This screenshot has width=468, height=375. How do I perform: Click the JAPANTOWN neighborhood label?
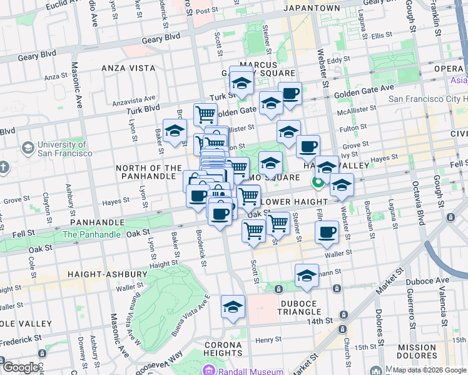click(x=312, y=8)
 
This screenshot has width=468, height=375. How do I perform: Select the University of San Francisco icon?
click(x=28, y=148)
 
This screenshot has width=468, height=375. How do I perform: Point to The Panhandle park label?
click(x=91, y=234)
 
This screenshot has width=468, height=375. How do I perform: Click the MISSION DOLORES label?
click(x=417, y=352)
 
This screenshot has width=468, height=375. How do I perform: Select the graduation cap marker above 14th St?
click(x=233, y=307)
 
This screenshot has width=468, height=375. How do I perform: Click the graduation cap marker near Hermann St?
click(x=307, y=276)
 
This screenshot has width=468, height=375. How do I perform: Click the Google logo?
click(x=21, y=367)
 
